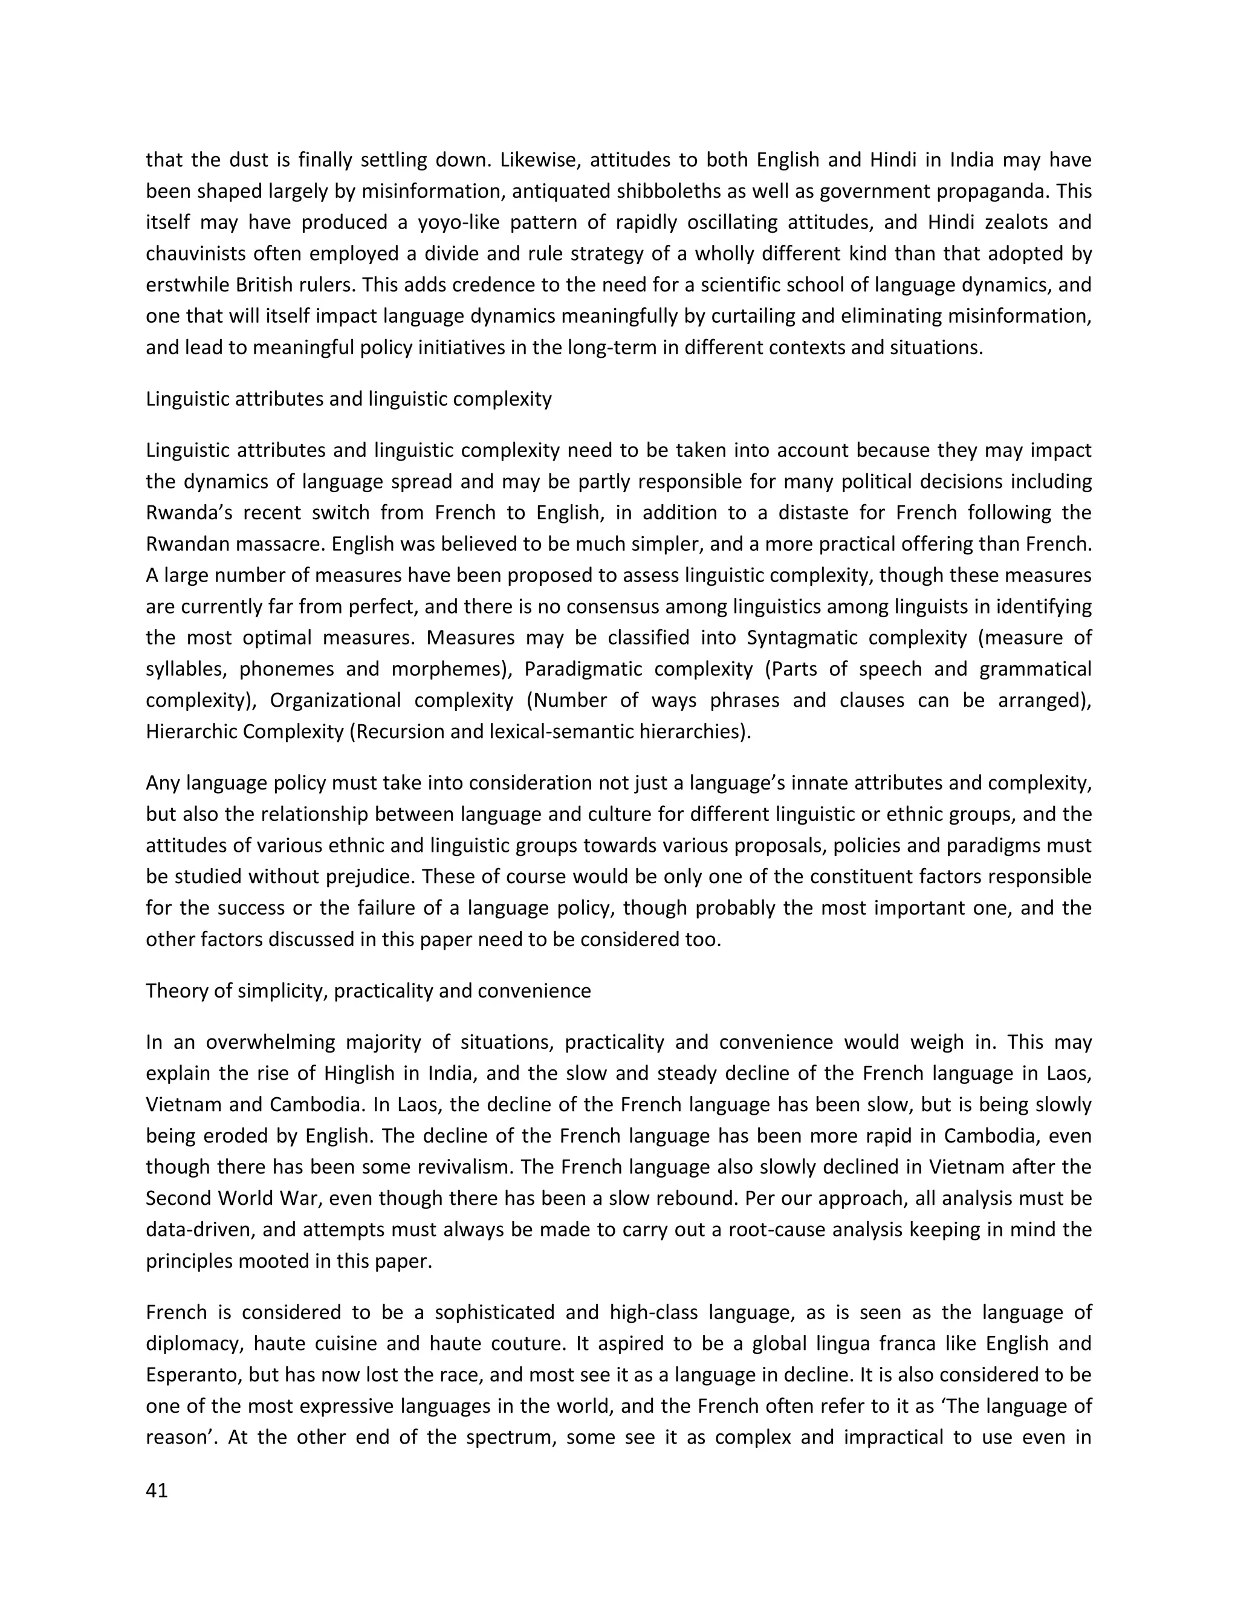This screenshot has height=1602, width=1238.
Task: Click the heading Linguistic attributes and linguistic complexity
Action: click(348, 399)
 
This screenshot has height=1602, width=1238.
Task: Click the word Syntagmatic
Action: click(797, 637)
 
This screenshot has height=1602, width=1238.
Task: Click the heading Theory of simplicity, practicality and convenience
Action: click(368, 991)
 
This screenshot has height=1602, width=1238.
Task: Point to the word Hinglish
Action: click(345, 1073)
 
